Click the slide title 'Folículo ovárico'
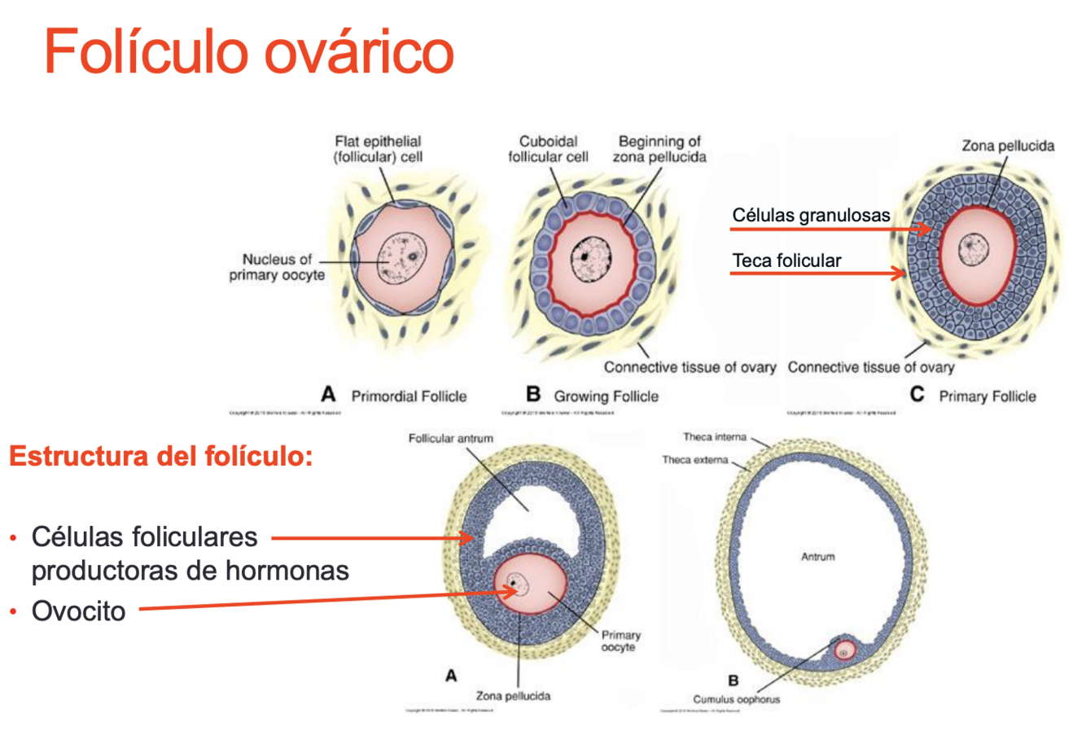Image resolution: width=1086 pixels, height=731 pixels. coord(248,50)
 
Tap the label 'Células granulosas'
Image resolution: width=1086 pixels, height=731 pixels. coord(811,215)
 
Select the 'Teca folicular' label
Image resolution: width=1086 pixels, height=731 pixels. coord(786,260)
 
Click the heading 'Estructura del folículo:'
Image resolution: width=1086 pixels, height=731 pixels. coord(160,456)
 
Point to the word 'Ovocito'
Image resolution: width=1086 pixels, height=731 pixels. coord(78,611)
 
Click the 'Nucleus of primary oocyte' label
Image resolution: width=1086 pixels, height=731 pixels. coord(277,267)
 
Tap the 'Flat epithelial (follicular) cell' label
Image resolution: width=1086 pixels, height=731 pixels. coord(378,149)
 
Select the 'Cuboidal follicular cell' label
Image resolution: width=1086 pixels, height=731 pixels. coord(548,149)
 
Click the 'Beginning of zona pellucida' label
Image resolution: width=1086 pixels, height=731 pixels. coord(659,149)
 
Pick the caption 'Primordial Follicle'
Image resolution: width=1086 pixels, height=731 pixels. coord(409,396)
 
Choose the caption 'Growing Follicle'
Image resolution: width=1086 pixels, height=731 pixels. coord(606,396)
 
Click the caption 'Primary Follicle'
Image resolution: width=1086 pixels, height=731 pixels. coord(987,396)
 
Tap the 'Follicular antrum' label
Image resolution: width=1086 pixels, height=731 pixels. coord(450,439)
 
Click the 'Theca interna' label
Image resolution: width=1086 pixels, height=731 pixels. coord(714,437)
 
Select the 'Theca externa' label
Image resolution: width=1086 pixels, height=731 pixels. coord(694,460)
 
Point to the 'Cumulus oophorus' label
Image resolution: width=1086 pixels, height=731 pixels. coord(736,699)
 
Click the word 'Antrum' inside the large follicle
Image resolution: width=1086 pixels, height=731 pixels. coord(817,557)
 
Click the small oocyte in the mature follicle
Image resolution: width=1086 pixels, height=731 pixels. coord(844,650)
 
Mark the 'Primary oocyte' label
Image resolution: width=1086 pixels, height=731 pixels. coord(620,641)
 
